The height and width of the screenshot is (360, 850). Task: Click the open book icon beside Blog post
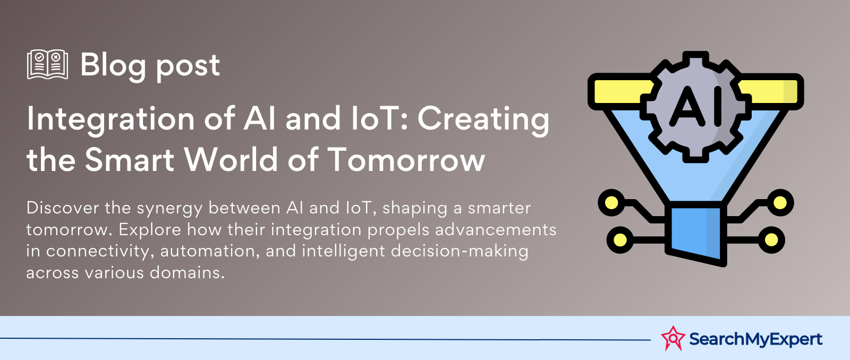pos(47,64)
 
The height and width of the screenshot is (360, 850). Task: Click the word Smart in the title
pos(130,160)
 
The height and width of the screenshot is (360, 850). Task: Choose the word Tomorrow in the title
pos(406,160)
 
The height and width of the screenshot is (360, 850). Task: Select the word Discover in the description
pos(63,208)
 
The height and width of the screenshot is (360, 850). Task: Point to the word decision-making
pos(460,252)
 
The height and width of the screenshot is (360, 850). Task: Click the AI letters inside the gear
pos(695,106)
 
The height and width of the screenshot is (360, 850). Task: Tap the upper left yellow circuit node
pos(611,203)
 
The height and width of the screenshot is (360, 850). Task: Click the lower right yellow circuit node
pos(771,240)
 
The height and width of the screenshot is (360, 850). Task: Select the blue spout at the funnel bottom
pos(696,233)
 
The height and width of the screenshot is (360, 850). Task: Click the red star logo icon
pos(673,338)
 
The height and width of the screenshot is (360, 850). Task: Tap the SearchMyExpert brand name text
pos(755,339)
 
